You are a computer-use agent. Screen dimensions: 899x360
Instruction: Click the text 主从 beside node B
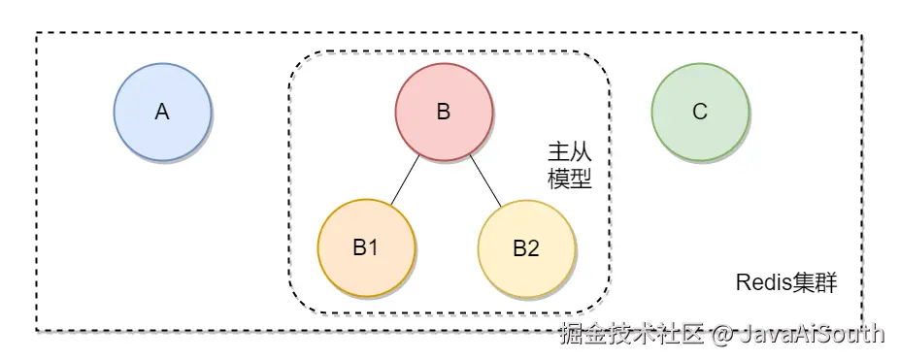pyautogui.click(x=570, y=152)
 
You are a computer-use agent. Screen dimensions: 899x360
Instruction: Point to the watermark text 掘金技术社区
pyautogui.click(x=631, y=335)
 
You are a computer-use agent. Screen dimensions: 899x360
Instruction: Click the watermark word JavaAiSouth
pyautogui.click(x=813, y=335)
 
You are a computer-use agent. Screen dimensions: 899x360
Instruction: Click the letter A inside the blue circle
pyautogui.click(x=162, y=113)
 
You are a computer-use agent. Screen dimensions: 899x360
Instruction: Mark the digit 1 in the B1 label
pyautogui.click(x=373, y=247)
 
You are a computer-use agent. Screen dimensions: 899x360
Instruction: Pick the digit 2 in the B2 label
pyautogui.click(x=533, y=247)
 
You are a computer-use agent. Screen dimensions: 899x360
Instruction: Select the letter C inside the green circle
pyautogui.click(x=699, y=113)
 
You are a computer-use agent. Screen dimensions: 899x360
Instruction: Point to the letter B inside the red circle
pyautogui.click(x=443, y=113)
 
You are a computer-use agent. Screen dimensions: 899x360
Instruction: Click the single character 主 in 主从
pyautogui.click(x=558, y=152)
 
